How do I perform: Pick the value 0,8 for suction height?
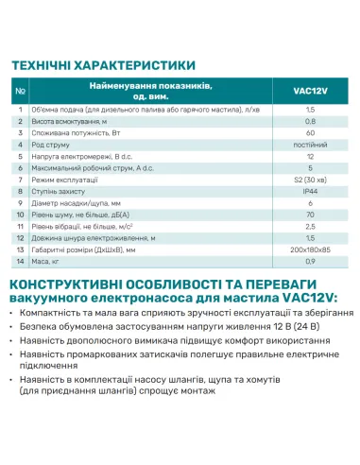tap(310, 123)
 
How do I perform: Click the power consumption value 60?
tap(310, 134)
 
